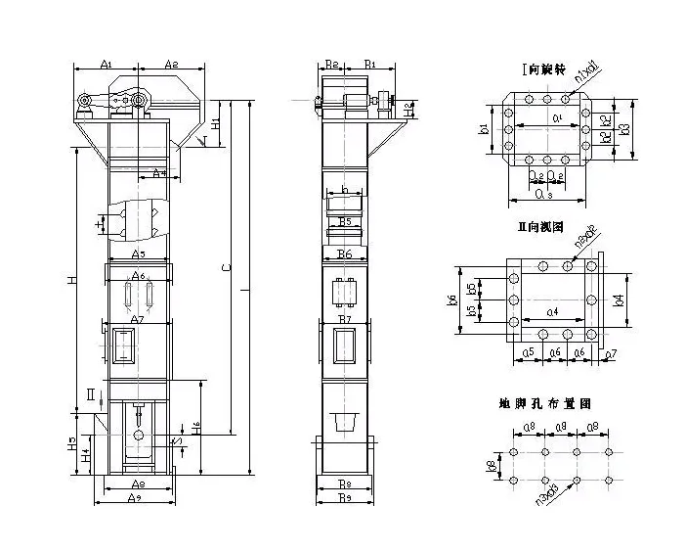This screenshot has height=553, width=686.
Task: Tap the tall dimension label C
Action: click(x=226, y=266)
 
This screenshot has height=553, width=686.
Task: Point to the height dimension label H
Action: click(x=70, y=281)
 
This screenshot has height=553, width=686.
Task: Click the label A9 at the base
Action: click(x=138, y=498)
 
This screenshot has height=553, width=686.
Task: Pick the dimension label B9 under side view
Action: click(x=343, y=498)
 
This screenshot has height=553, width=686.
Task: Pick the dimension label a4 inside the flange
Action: click(x=553, y=312)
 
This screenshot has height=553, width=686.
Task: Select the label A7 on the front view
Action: click(x=138, y=320)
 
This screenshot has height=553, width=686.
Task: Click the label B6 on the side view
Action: click(x=344, y=253)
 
